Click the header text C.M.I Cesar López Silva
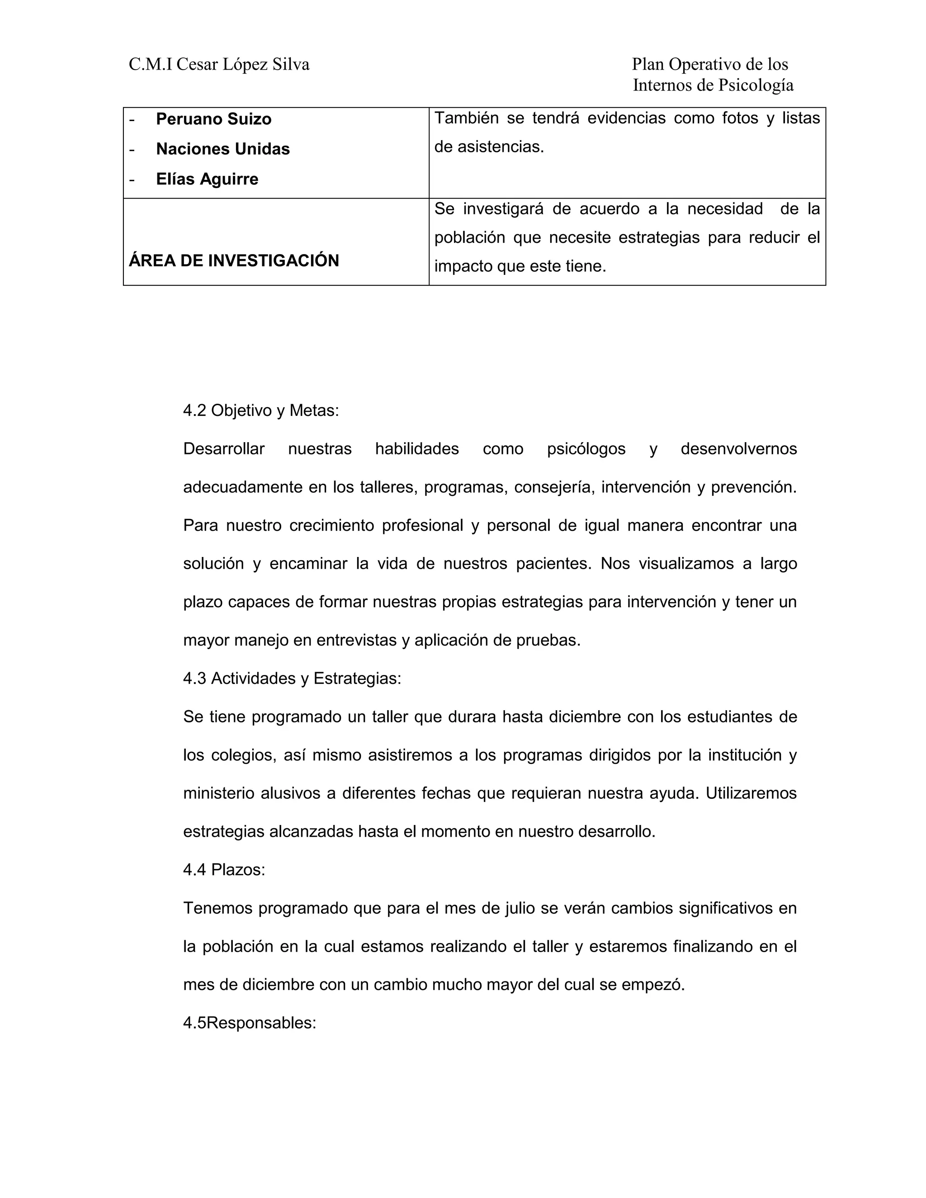[x=219, y=65]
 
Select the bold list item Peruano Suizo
[x=213, y=119]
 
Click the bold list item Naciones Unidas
[x=223, y=149]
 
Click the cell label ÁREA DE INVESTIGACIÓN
[x=234, y=260]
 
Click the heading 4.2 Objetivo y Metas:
[x=260, y=410]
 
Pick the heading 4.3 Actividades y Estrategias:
[x=292, y=679]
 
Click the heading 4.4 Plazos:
[x=224, y=870]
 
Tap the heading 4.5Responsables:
[x=250, y=1023]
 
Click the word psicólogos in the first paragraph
[x=586, y=449]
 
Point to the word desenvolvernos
[x=738, y=449]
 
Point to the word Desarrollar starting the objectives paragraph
[x=224, y=449]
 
